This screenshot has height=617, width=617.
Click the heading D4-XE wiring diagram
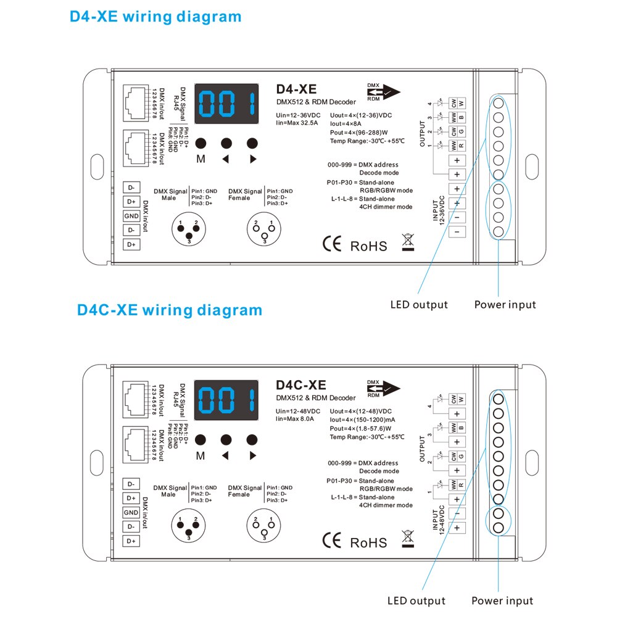(155, 16)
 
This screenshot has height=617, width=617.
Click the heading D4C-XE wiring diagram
(170, 309)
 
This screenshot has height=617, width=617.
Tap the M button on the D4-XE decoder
(201, 143)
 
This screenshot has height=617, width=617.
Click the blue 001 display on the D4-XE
(226, 102)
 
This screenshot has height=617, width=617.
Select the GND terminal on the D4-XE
(131, 216)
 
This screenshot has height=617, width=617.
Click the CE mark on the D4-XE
(331, 244)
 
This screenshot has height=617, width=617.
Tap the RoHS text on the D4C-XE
(369, 542)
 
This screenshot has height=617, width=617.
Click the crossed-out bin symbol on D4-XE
(407, 242)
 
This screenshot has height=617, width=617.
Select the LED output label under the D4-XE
(419, 304)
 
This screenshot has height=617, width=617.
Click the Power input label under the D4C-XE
(502, 600)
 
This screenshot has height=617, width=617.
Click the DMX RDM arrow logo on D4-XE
(383, 92)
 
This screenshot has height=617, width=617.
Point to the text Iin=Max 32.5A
(297, 123)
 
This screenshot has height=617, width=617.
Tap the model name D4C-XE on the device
(302, 386)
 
